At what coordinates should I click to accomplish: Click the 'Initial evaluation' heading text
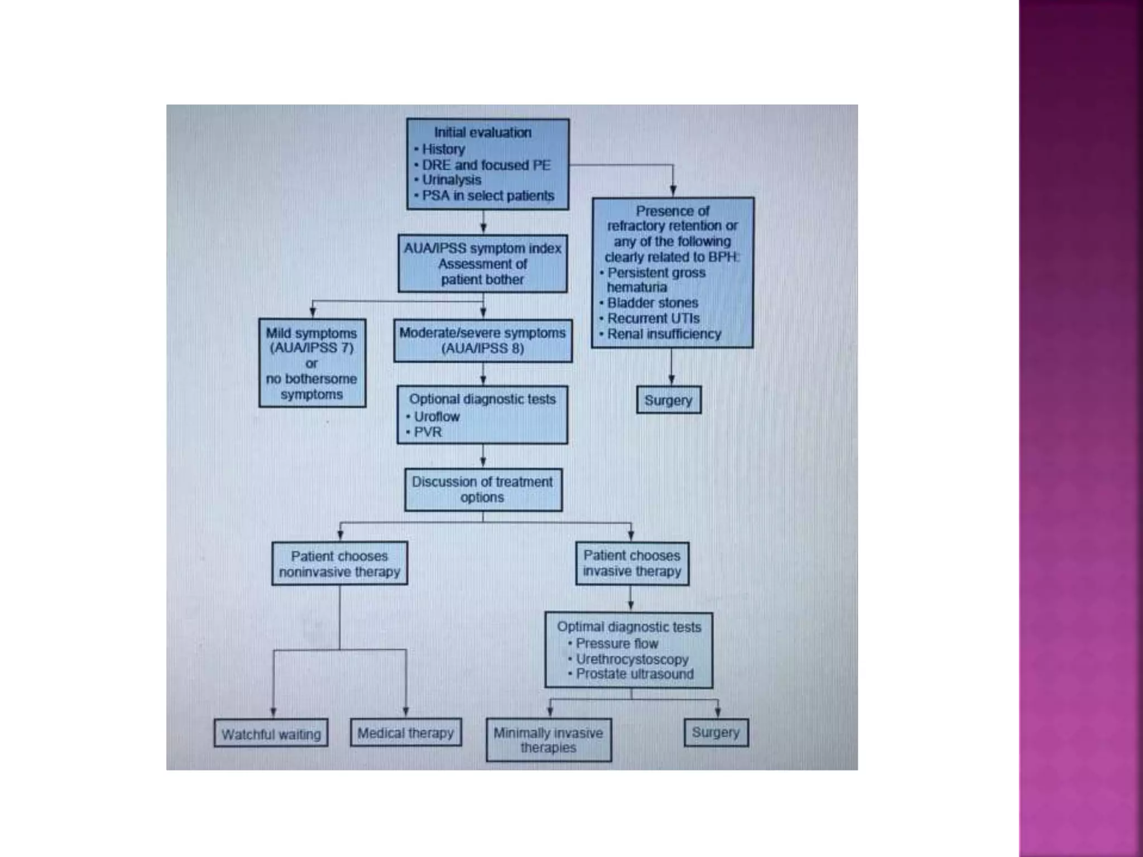pos(483,133)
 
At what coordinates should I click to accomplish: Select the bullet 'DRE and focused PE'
pos(486,165)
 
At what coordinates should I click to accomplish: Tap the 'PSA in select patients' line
pos(488,196)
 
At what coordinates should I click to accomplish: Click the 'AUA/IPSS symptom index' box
pos(483,263)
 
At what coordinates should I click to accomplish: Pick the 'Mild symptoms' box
pos(312,363)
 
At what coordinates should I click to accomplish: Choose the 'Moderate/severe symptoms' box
pos(483,340)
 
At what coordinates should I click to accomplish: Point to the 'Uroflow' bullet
pos(436,417)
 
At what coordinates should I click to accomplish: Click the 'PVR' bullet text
pos(428,432)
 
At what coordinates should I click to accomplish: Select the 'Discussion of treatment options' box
pos(483,489)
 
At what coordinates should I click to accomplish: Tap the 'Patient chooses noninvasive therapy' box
pos(339,564)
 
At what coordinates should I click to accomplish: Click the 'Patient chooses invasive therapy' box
pos(632,564)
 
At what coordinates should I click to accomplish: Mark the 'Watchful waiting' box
pos(271,734)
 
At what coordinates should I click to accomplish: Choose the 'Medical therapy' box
pos(406,733)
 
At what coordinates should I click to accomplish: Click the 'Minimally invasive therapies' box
pos(549,740)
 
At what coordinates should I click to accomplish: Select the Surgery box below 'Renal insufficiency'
pos(669,400)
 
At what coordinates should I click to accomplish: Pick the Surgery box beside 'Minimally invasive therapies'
pos(716,732)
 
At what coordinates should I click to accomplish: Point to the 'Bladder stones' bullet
pos(652,303)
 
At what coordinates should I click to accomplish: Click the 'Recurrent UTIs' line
pos(653,319)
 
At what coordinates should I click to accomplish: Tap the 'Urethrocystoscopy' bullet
pos(632,659)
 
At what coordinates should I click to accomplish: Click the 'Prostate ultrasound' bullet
pos(635,674)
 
